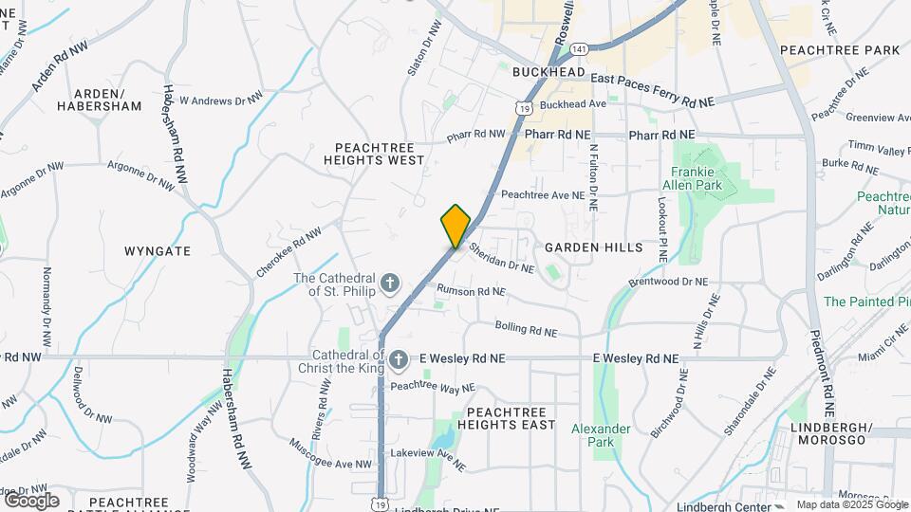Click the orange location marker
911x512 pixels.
click(455, 227)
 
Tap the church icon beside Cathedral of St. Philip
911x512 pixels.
click(389, 283)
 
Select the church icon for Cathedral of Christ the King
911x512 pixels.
click(400, 359)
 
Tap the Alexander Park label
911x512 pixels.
click(601, 435)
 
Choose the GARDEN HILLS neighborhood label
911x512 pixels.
click(594, 247)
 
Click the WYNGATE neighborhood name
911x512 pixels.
click(158, 251)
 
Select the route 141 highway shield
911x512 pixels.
click(579, 48)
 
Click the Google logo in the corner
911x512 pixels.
click(31, 500)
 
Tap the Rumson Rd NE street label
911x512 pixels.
click(471, 290)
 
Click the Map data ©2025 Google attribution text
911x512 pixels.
click(851, 504)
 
